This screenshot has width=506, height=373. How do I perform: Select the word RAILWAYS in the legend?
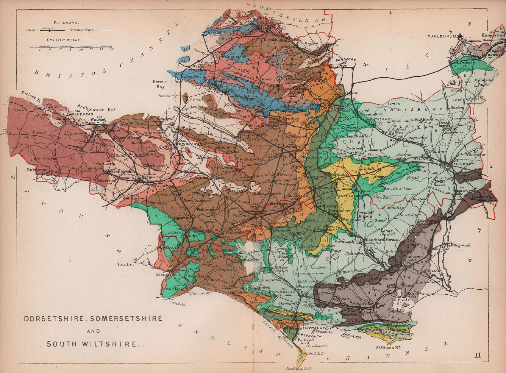point(66,22)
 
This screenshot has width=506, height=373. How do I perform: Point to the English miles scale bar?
point(71,47)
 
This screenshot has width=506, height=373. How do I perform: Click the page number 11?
point(478,355)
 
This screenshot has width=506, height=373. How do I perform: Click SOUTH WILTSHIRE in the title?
point(93,344)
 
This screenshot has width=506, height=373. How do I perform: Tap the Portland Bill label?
point(294,369)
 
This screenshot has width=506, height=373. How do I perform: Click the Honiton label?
point(125,264)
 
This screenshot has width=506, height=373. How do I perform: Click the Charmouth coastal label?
point(200,293)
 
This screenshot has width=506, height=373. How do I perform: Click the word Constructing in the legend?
point(81,30)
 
